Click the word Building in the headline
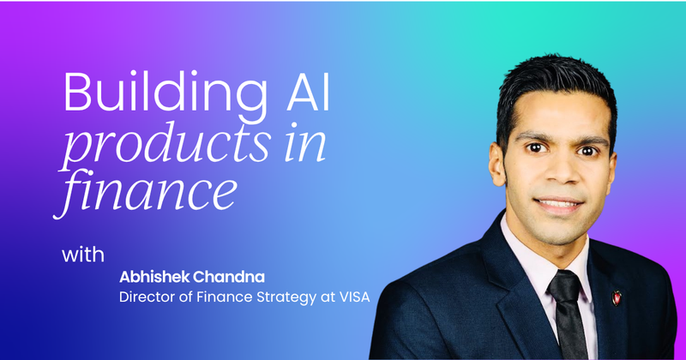click(129, 91)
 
